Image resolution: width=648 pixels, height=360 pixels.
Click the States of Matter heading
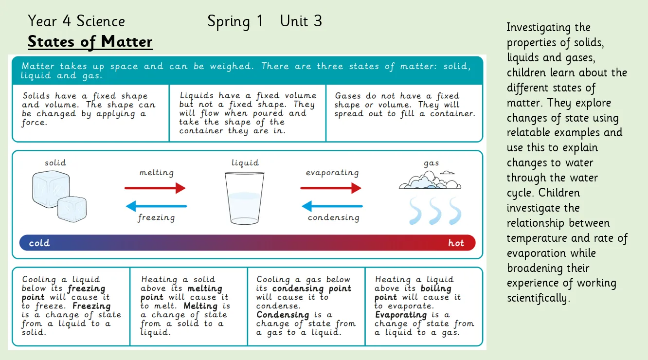click(90, 42)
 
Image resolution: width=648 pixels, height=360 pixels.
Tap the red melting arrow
click(155, 188)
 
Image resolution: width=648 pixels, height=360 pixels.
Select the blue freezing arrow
click(156, 206)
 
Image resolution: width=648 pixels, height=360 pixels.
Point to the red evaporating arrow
click(331, 188)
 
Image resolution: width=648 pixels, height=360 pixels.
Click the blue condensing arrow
click(332, 206)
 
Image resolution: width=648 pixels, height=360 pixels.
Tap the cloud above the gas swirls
click(430, 180)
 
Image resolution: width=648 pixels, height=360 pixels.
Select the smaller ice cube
click(72, 208)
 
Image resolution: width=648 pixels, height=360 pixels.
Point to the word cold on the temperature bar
click(39, 243)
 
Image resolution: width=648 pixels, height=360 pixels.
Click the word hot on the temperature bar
click(456, 243)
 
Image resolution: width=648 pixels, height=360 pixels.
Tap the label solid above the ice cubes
click(55, 162)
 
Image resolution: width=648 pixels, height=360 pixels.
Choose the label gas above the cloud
click(431, 163)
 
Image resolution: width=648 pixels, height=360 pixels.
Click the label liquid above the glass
click(245, 162)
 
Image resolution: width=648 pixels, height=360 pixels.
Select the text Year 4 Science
click(76, 21)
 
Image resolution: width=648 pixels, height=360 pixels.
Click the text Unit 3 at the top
click(301, 21)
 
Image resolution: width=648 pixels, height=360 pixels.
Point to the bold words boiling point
click(413, 293)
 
